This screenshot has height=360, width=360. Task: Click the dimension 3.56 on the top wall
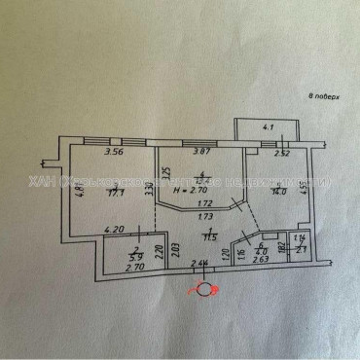92,152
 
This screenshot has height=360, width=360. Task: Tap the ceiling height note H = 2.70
189,192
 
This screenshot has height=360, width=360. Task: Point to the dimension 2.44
200,265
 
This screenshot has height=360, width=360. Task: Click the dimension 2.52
280,152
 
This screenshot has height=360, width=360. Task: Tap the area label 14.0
277,192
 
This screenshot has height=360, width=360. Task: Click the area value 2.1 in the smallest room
302,251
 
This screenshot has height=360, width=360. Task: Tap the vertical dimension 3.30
149,191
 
